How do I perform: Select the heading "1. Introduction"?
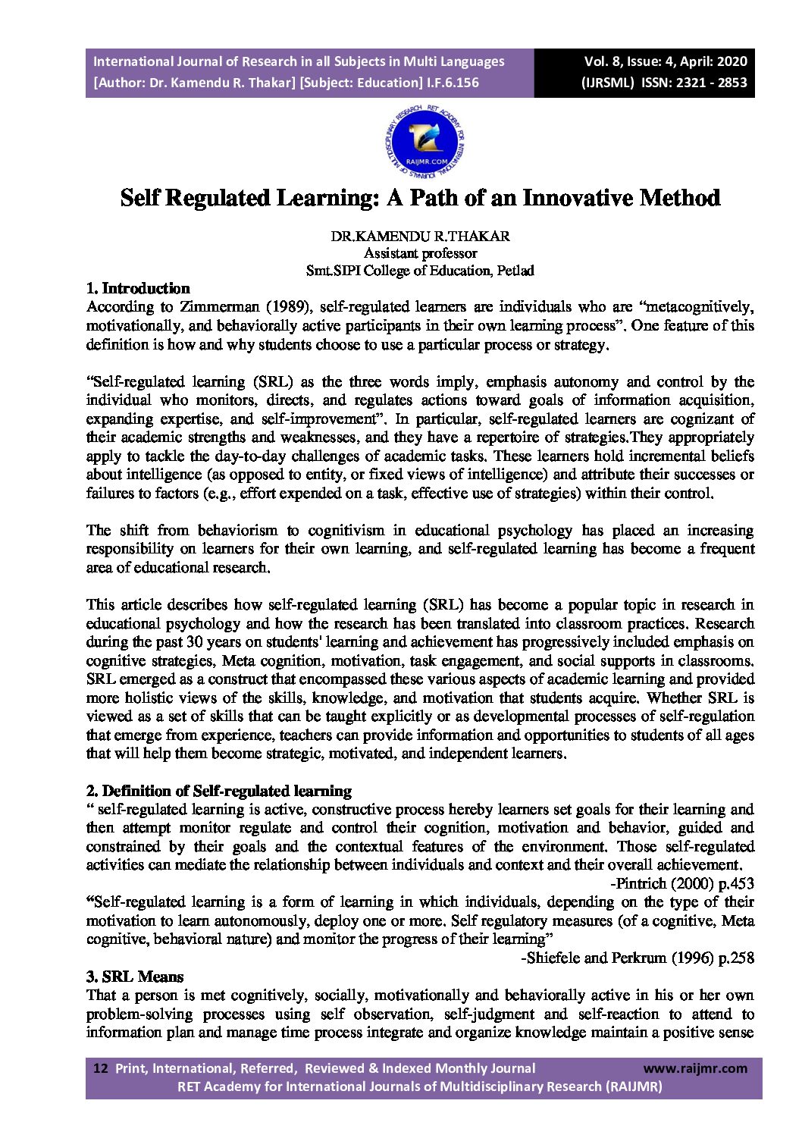[138, 288]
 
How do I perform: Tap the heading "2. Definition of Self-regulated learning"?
[218, 791]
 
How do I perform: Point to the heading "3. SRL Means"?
[134, 977]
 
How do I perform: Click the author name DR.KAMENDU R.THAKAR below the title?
[420, 236]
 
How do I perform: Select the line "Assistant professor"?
[420, 253]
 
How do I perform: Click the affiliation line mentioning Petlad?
[420, 270]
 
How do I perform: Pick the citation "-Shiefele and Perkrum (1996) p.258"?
[638, 958]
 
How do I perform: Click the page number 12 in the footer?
[100, 1068]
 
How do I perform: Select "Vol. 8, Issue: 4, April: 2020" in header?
[665, 61]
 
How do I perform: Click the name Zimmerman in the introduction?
[217, 307]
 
